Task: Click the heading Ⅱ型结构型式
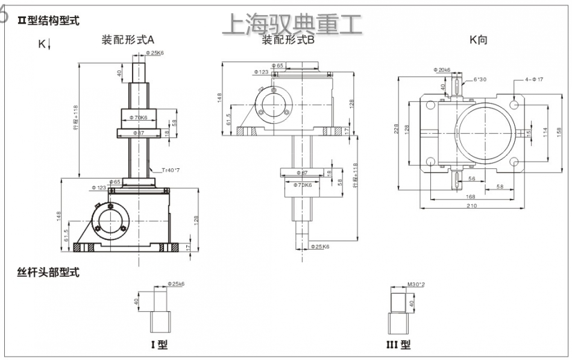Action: (48, 21)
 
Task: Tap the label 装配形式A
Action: (128, 40)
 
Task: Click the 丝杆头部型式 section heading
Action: (48, 272)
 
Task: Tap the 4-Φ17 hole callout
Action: (534, 79)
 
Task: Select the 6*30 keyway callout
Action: (480, 79)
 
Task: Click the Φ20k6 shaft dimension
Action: (441, 70)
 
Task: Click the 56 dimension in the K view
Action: (472, 178)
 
